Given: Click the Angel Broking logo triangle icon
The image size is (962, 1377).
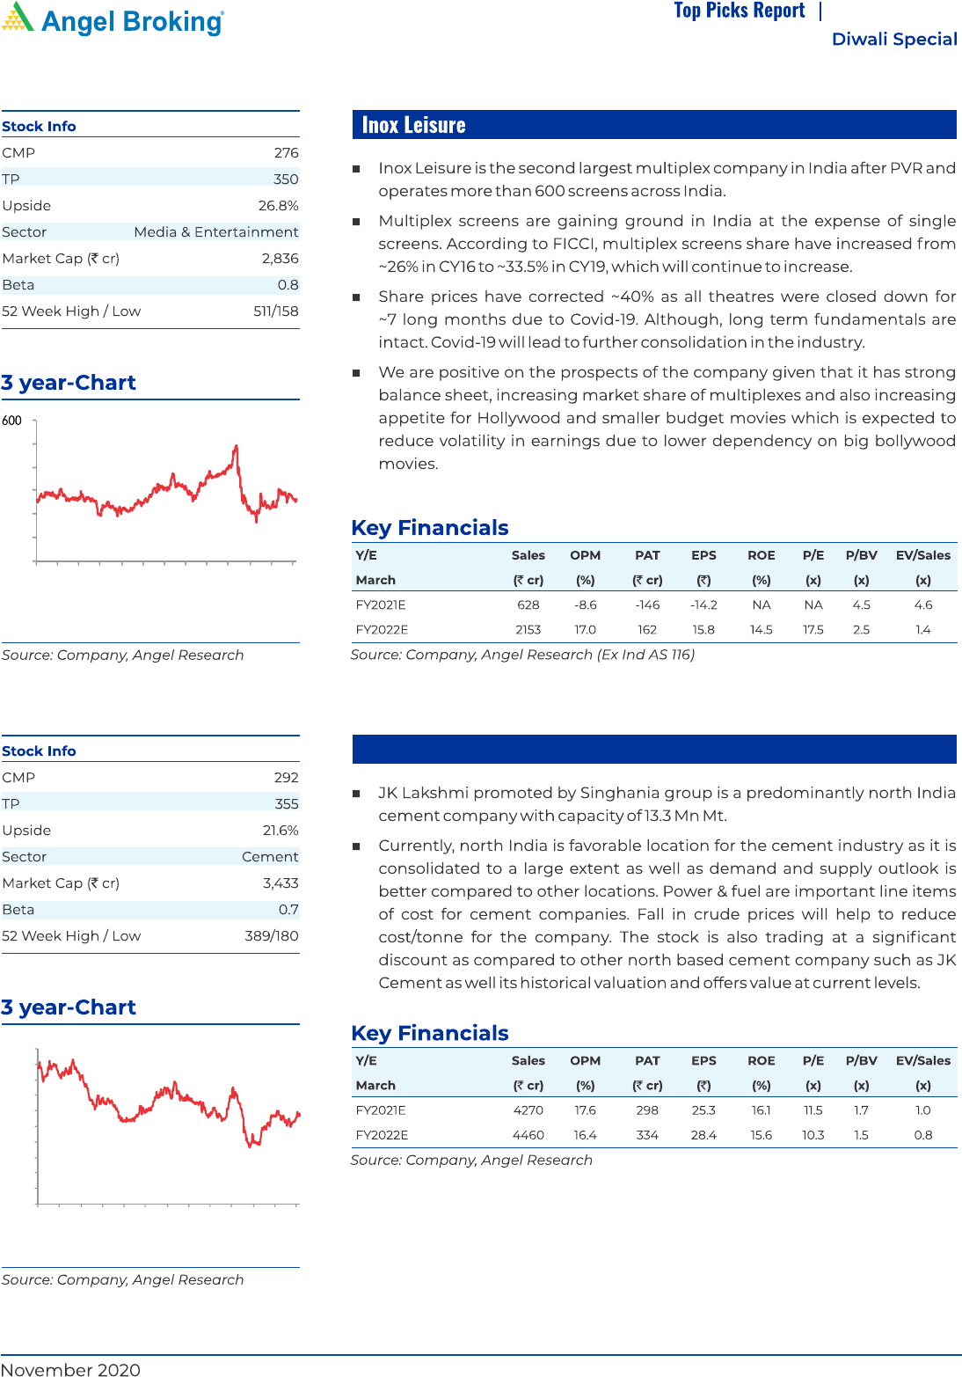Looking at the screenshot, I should coord(18,18).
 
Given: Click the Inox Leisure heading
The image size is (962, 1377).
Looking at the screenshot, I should coord(413,125).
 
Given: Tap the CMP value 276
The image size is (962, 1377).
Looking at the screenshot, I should coord(286,153).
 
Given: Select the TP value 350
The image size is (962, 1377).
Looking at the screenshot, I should coord(286,179).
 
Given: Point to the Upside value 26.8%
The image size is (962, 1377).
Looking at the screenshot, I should coord(278,206).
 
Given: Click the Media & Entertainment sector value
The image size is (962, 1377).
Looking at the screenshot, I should coord(216,232).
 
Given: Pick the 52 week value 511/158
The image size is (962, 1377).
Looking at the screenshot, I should coord(275,311).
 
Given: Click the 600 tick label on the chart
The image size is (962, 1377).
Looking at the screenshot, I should coord(11,421).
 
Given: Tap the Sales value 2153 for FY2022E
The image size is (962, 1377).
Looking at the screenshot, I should coord(528,630).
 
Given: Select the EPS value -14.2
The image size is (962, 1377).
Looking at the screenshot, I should coord(703,605).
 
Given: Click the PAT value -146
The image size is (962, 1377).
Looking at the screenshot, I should coord(647,605).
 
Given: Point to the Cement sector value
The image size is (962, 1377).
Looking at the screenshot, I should coord(270,857).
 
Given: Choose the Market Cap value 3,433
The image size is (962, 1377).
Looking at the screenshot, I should coord(281,883).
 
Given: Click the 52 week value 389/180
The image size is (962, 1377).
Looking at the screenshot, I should coord(271,936).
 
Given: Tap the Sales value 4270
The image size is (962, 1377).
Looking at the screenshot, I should coord(528,1110).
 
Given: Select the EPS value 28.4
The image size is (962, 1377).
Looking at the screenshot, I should coord(703,1135).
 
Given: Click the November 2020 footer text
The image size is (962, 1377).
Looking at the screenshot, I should coord(70,1369).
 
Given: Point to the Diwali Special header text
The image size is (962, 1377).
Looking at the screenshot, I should coord(894,40).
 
